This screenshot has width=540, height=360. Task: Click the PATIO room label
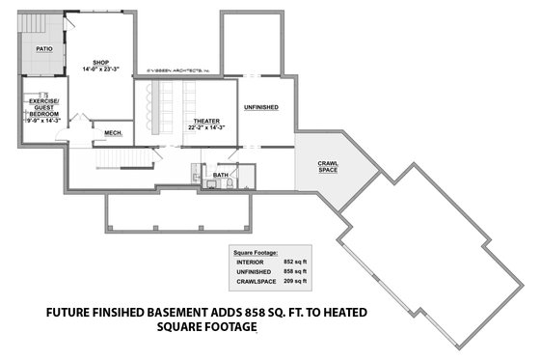pyautogui.click(x=43, y=46)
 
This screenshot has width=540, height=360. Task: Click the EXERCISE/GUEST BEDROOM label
pyautogui.click(x=43, y=107)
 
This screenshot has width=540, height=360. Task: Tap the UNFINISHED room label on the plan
pyautogui.click(x=261, y=107)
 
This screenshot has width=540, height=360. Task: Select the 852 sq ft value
pyautogui.click(x=294, y=262)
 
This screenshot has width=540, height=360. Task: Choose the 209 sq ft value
pyautogui.click(x=294, y=283)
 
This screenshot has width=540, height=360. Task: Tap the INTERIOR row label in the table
pyautogui.click(x=249, y=262)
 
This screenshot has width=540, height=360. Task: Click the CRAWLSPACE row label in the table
pyautogui.click(x=254, y=283)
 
